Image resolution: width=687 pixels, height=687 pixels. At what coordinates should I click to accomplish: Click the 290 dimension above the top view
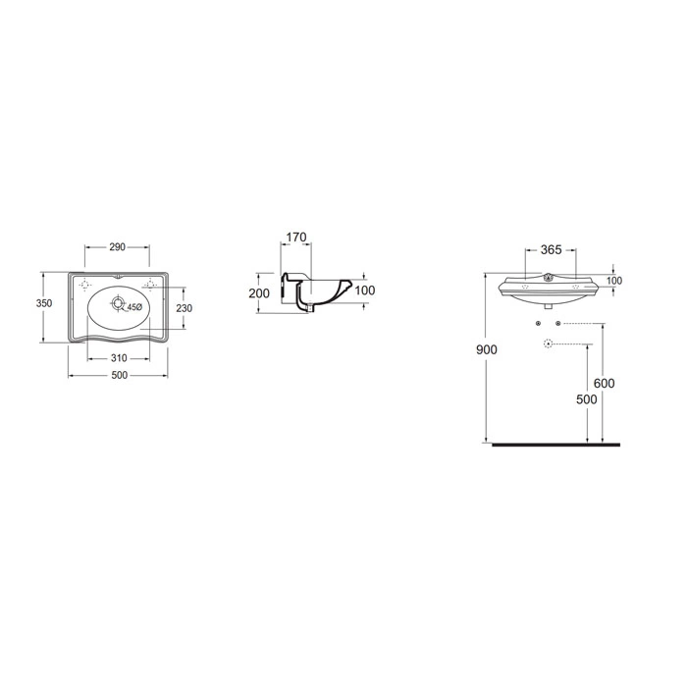tap(117, 247)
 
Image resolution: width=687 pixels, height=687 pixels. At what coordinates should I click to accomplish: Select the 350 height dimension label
tap(44, 303)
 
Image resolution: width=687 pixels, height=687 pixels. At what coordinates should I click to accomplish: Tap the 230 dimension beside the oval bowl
tap(185, 308)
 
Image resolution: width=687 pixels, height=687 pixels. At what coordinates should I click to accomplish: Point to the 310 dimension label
tap(119, 358)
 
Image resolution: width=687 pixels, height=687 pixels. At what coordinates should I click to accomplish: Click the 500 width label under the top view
tap(119, 376)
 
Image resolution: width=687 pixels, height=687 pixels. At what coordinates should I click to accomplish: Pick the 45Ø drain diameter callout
tap(134, 307)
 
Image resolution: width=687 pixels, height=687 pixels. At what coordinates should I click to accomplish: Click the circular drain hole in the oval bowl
tap(118, 302)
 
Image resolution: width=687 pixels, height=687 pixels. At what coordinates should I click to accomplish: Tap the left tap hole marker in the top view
tap(85, 284)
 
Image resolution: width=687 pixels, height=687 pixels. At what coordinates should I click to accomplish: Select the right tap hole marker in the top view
tap(150, 284)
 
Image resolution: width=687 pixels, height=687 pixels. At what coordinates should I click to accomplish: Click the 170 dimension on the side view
tap(296, 238)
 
